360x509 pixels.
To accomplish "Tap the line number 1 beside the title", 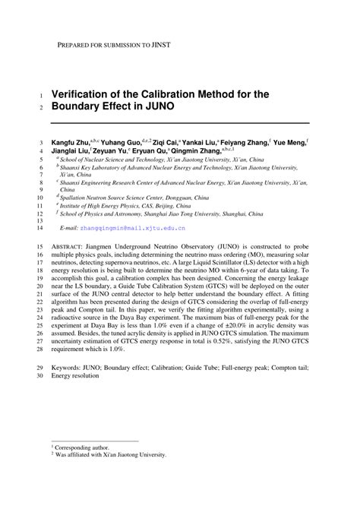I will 40,96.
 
